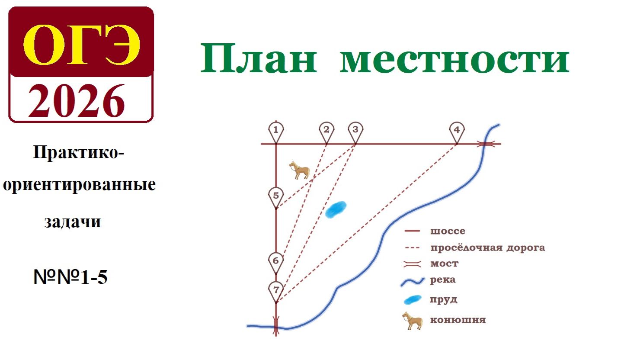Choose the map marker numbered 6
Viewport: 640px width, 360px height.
click(x=276, y=261)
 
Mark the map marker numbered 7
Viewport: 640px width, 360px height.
click(x=276, y=290)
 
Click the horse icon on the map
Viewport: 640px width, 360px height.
click(x=300, y=170)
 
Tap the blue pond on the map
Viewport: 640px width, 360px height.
click(x=336, y=209)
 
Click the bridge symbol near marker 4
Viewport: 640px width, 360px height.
click(x=486, y=144)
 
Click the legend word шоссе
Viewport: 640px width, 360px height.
click(x=448, y=231)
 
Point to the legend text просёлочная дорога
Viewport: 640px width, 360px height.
click(x=487, y=247)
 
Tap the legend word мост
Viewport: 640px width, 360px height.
click(x=444, y=264)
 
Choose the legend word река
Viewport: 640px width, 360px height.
click(x=442, y=280)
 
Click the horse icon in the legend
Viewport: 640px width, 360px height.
click(x=412, y=321)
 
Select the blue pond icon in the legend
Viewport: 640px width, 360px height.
click(x=412, y=299)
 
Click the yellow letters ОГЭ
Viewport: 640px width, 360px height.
click(x=81, y=45)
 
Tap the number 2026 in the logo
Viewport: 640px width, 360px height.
click(x=77, y=101)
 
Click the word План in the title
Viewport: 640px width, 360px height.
click(x=259, y=59)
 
